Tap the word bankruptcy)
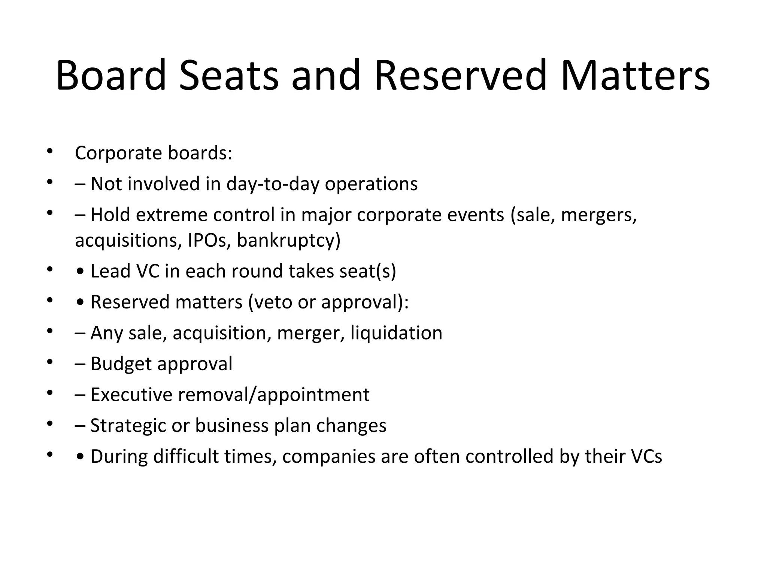(289, 240)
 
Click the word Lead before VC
(110, 271)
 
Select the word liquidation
(396, 333)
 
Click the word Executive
(131, 395)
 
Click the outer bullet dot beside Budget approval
(49, 362)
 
